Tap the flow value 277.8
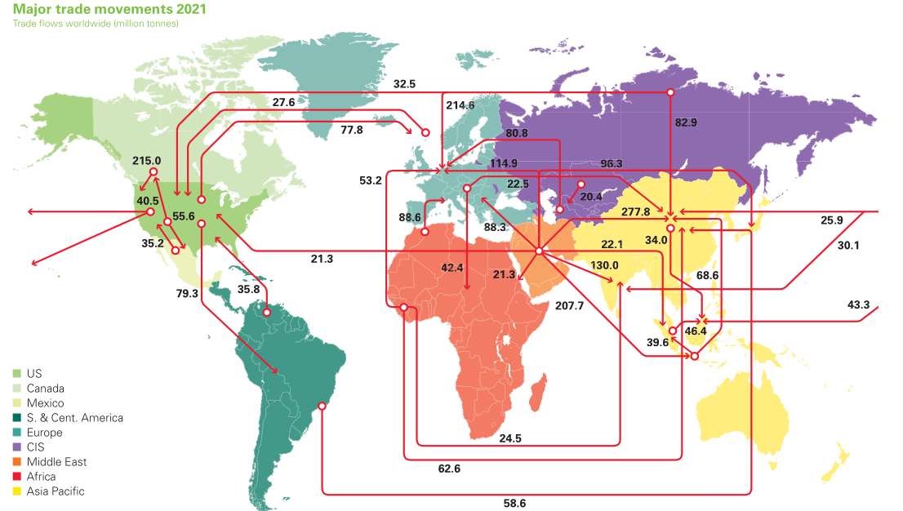tap(635, 211)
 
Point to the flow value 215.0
tap(147, 161)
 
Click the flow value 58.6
tap(514, 503)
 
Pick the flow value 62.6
tap(449, 469)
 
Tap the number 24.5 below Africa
tap(510, 438)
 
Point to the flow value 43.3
tap(858, 304)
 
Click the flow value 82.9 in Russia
tap(686, 123)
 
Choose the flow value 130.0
tap(604, 265)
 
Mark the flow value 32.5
tap(404, 83)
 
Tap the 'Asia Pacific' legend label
tap(55, 491)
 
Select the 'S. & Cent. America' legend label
tap(74, 418)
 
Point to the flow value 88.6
tap(410, 218)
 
